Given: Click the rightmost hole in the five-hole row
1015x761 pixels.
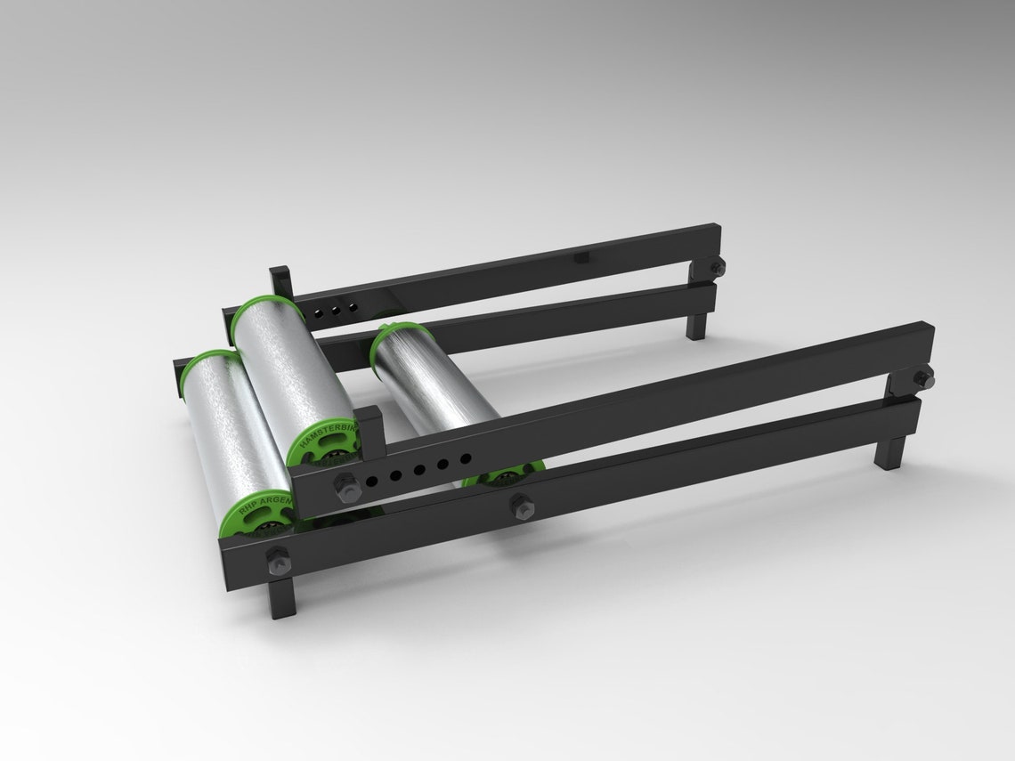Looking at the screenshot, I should (466, 459).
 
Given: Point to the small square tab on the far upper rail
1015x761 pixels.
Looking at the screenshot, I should (583, 257).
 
